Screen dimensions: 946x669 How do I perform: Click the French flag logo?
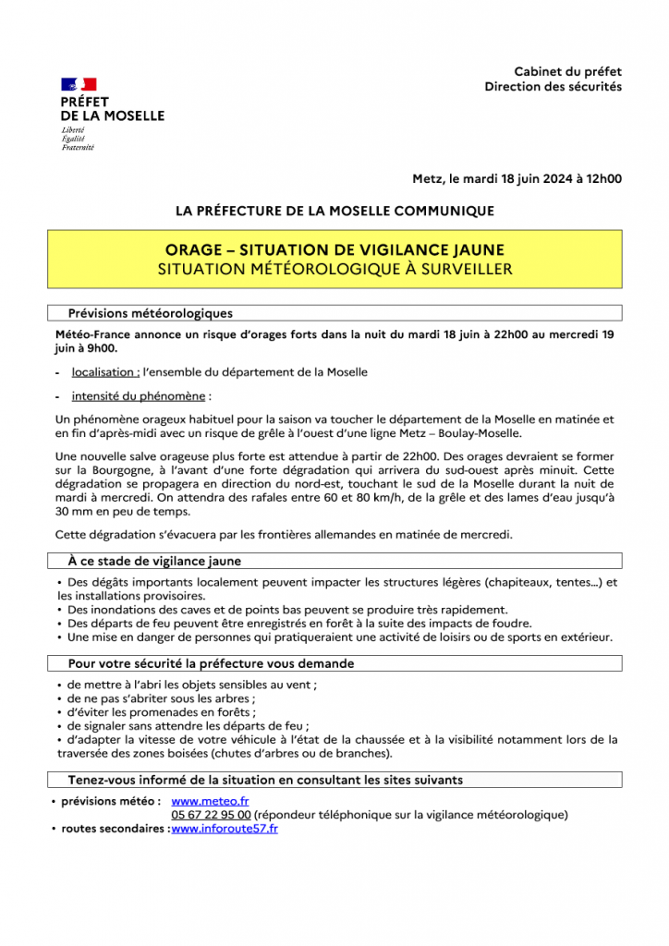coord(79,85)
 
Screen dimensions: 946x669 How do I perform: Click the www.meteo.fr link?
coord(210,801)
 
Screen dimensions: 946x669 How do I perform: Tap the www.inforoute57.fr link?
coord(225,829)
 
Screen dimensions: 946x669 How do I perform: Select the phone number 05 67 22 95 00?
coord(211,815)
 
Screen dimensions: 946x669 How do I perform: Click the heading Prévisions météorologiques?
coord(151,313)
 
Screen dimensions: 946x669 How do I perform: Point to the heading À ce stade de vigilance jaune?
coord(154,561)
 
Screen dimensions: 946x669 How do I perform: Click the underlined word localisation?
coord(105,372)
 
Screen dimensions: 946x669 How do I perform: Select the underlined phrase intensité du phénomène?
coord(139,396)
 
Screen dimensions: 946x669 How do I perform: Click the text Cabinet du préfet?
coord(567,71)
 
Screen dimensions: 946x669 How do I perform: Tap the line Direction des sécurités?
coord(553,87)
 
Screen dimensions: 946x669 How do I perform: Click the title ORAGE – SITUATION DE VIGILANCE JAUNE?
coord(334,250)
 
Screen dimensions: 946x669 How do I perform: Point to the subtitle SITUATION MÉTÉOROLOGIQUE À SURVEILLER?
coord(334,269)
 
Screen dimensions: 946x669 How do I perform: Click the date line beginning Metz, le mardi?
coord(517,179)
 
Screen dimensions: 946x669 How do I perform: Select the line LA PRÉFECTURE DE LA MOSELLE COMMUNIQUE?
coord(334,211)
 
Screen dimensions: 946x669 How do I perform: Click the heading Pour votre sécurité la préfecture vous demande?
coord(211,663)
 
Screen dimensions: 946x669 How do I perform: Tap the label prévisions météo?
coord(111,801)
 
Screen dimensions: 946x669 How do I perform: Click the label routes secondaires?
coord(115,829)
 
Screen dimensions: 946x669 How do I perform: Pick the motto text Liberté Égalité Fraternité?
coord(78,139)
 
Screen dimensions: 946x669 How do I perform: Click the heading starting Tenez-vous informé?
coord(265,780)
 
